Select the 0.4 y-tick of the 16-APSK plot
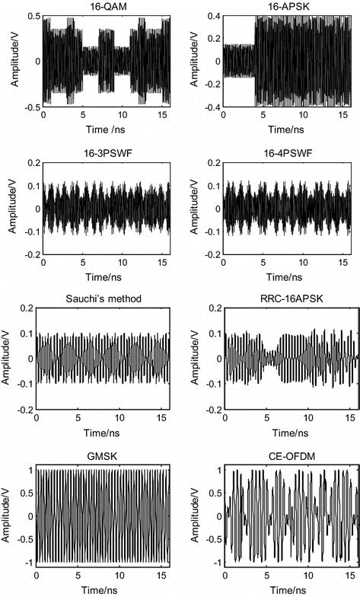point(212,16)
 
